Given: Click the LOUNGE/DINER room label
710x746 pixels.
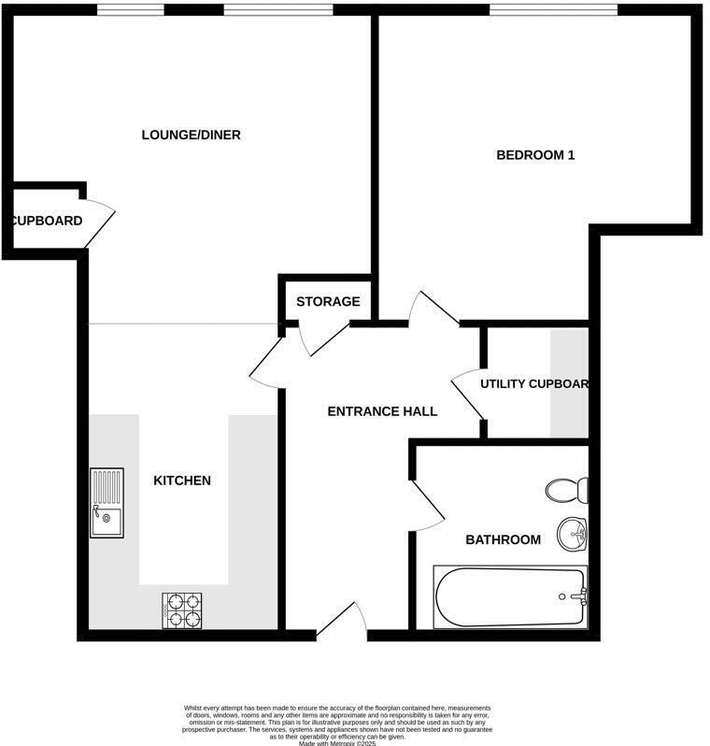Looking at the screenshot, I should [x=191, y=135].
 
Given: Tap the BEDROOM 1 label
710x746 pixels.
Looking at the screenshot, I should [x=534, y=155].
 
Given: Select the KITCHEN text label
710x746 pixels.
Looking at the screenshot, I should [x=182, y=481].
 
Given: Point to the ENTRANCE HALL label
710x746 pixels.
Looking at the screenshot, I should [x=382, y=411].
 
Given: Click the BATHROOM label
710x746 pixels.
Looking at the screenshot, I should [x=503, y=539].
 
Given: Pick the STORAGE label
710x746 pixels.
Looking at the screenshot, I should [x=328, y=302].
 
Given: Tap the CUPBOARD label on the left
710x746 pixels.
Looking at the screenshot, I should [x=47, y=222].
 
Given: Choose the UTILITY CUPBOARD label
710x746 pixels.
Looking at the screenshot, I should [x=533, y=384].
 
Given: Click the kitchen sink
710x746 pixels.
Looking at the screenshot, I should [x=106, y=502].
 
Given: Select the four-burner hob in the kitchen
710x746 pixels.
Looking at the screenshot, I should [x=182, y=610].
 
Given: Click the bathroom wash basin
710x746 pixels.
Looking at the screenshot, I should [x=572, y=534].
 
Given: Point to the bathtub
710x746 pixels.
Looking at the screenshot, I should [x=509, y=596].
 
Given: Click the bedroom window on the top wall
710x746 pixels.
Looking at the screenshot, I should [x=553, y=10].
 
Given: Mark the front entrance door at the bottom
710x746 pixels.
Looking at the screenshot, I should [x=341, y=621].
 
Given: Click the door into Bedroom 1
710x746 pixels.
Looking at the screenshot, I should [x=432, y=308].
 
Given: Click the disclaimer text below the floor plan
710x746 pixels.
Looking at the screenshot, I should [x=336, y=723].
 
